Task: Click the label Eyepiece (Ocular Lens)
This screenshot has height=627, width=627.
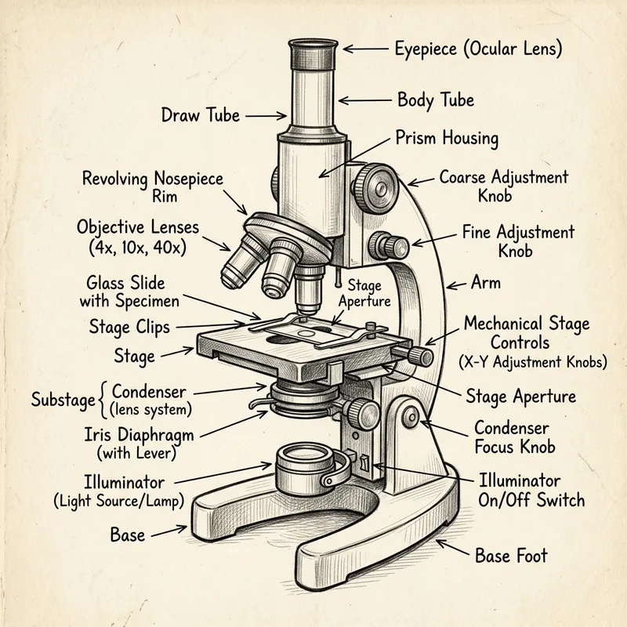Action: coord(478,49)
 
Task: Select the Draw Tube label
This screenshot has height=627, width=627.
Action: coord(201,115)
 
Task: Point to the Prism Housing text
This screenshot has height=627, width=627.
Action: coord(447,139)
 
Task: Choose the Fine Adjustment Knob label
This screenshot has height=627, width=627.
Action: coord(518,241)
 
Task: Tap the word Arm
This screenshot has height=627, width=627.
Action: coord(486,282)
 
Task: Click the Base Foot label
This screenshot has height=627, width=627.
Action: coord(511,556)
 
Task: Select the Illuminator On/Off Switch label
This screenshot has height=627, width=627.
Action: coord(531,490)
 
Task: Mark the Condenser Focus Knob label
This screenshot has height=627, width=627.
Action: coord(515,437)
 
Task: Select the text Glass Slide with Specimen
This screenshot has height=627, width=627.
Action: coord(132,291)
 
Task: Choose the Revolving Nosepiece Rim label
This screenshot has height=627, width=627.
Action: coord(152,187)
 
